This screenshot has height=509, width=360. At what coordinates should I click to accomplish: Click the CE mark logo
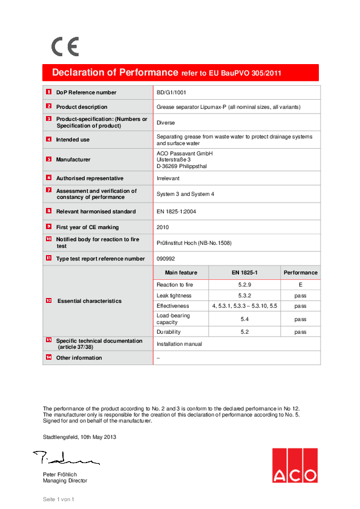point(65,47)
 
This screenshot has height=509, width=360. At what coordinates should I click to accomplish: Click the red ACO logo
point(294,465)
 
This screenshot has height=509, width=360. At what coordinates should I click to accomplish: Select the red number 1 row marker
point(49,92)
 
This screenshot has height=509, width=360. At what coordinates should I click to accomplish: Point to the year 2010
point(163,227)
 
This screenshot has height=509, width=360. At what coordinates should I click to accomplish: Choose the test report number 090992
point(166,259)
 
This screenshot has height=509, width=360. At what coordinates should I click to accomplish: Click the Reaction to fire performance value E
point(300,284)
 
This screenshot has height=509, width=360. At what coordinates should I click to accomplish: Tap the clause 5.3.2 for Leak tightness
point(245,296)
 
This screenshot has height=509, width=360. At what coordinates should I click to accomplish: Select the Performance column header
point(300,273)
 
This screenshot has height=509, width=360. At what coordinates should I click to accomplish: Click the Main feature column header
point(181,273)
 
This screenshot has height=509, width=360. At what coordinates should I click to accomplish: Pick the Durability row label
point(169,332)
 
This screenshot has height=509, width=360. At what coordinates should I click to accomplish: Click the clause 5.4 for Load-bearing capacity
point(245,319)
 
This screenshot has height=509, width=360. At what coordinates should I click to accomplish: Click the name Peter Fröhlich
point(60,474)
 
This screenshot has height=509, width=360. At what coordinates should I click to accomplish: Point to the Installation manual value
point(179,344)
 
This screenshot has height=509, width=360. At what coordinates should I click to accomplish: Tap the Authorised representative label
point(90,178)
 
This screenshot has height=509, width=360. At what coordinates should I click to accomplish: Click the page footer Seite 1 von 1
point(58,499)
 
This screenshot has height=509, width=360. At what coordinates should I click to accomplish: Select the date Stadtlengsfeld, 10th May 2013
point(79,436)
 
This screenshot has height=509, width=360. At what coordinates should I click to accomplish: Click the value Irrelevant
point(168,178)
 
